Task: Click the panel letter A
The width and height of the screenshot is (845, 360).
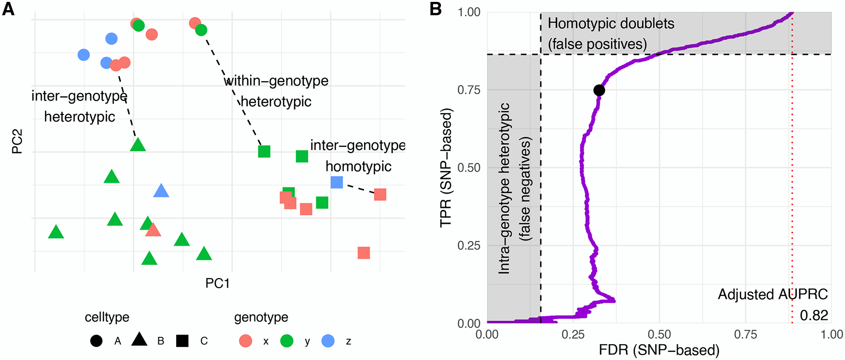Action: pos(8,9)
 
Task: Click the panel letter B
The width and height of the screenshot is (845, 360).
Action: pos(436,9)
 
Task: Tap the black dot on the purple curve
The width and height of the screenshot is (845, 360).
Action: pos(599,90)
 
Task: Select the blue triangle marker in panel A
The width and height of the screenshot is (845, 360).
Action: pos(161,191)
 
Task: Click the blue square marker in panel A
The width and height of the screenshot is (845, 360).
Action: pos(337,182)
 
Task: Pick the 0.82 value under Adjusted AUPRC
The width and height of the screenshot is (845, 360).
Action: pos(814,315)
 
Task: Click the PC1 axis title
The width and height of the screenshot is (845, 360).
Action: pos(217,283)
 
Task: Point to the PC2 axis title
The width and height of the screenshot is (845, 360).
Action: pos(17,142)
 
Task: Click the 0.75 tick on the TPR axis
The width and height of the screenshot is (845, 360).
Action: pos(469,90)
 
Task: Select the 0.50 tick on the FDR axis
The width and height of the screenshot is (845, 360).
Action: pos(659,334)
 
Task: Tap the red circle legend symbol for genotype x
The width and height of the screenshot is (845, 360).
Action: pos(246,341)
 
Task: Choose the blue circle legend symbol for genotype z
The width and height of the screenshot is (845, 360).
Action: pos(328,341)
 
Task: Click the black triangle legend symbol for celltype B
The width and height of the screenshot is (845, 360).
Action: pos(139,340)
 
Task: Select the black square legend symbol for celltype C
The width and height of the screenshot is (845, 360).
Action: pos(182,341)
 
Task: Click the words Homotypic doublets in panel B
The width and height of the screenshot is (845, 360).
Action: pos(611,23)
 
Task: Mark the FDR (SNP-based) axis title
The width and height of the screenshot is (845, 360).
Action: pos(659,350)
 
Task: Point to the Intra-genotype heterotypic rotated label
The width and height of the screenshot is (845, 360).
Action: pos(504,188)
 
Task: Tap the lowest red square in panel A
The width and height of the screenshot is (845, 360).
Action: pos(364,253)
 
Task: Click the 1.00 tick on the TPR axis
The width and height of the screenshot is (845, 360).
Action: pos(469,12)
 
